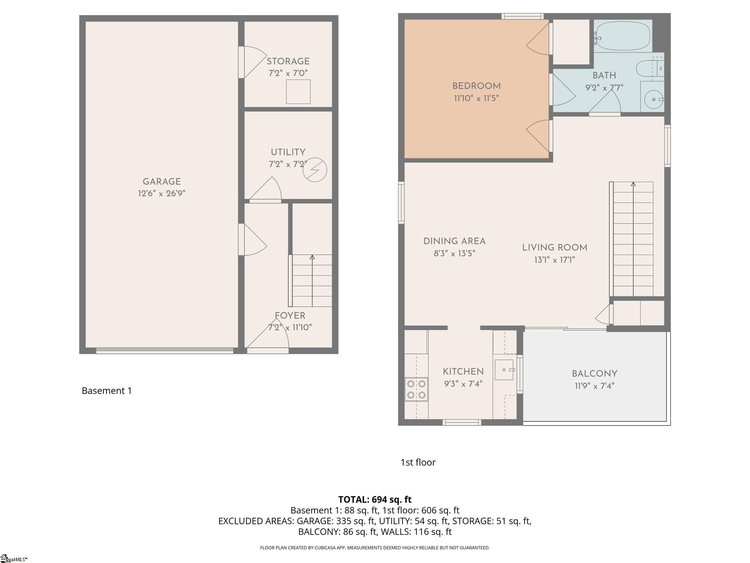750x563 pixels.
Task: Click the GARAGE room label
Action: [162, 182]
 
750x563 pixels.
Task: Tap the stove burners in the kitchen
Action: [416, 389]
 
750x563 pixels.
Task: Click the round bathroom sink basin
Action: [653, 99]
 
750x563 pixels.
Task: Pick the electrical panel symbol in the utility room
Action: [315, 169]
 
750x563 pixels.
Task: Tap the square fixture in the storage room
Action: [298, 92]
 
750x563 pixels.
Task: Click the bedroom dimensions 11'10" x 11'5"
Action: [476, 98]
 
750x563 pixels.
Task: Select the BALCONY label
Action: [594, 374]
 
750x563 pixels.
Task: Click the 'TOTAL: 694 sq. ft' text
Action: [375, 500]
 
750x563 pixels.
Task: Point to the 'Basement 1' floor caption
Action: [107, 391]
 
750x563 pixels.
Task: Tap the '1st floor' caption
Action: [418, 462]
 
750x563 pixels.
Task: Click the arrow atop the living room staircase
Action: [633, 184]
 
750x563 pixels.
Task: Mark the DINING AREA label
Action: [454, 241]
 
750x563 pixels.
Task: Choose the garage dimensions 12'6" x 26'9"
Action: [162, 193]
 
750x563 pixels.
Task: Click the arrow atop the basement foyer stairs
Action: [312, 257]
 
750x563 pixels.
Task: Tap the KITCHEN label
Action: [463, 372]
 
